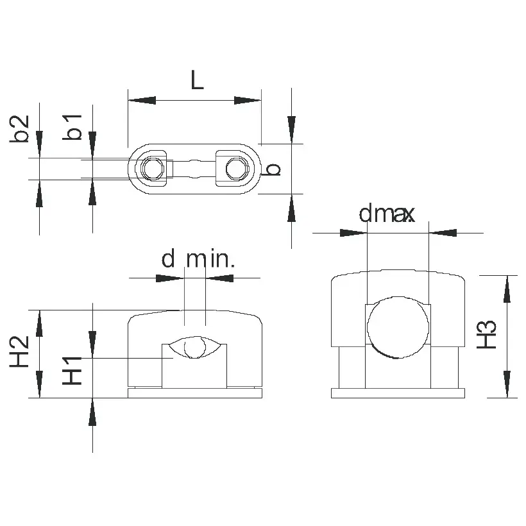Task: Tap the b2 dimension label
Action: coord(21,128)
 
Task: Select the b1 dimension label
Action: coord(74,126)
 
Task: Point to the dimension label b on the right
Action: coord(273,169)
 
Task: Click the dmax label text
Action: coord(387,214)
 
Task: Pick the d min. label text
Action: coord(198,259)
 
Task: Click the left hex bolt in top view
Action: coord(152,169)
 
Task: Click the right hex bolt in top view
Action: coord(237,169)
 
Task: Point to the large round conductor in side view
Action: coord(397,326)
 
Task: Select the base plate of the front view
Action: coord(195,393)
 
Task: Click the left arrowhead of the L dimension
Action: coord(142,100)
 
